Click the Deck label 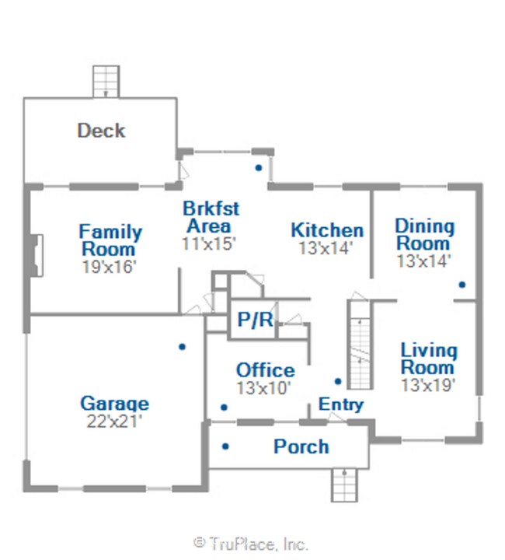[x=101, y=131]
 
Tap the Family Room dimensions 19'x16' [x=109, y=267]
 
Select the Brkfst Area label [x=211, y=217]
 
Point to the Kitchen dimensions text [x=326, y=248]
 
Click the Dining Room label [x=424, y=235]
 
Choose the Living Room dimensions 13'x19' [x=428, y=385]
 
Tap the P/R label [x=256, y=319]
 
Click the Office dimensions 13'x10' [x=263, y=387]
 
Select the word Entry [x=341, y=405]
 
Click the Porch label [x=301, y=446]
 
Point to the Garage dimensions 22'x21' [x=114, y=422]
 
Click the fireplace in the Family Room [x=37, y=255]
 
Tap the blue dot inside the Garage [x=183, y=346]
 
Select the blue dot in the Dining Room [x=462, y=285]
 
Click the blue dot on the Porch [x=225, y=446]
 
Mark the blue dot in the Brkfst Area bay [x=259, y=167]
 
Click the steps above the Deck [x=106, y=82]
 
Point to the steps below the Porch [x=344, y=485]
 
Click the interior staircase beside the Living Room [x=360, y=345]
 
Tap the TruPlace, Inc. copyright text [x=251, y=544]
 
